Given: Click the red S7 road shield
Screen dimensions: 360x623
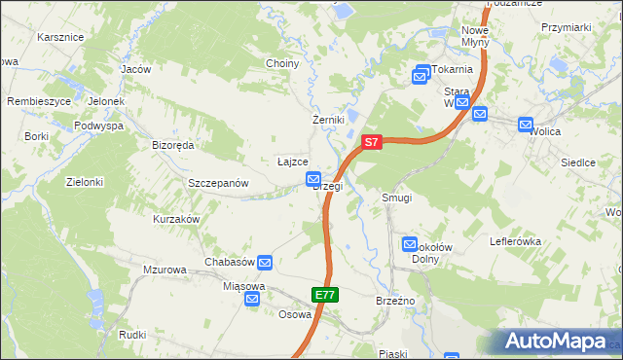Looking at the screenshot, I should [371, 142].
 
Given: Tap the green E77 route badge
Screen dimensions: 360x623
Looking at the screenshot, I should [325, 294].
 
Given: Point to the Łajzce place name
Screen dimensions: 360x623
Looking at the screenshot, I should [292, 162].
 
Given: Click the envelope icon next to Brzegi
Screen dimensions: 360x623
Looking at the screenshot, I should [313, 179].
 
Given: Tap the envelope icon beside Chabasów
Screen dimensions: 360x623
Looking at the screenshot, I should [265, 262].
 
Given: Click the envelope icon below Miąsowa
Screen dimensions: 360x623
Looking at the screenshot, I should [252, 300].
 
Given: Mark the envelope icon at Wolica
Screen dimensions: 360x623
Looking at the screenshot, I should [526, 125].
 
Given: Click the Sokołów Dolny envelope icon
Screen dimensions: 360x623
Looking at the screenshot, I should [410, 245].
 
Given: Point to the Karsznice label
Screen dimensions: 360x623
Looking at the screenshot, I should [60, 37].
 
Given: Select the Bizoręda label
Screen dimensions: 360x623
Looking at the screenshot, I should [173, 145].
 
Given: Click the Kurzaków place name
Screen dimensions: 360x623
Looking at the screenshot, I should [176, 220].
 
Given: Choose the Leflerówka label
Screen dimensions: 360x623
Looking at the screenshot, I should [516, 240].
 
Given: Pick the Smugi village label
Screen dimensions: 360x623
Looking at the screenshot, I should [397, 198].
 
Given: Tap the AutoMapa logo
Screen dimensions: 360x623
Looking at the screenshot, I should [558, 341].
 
